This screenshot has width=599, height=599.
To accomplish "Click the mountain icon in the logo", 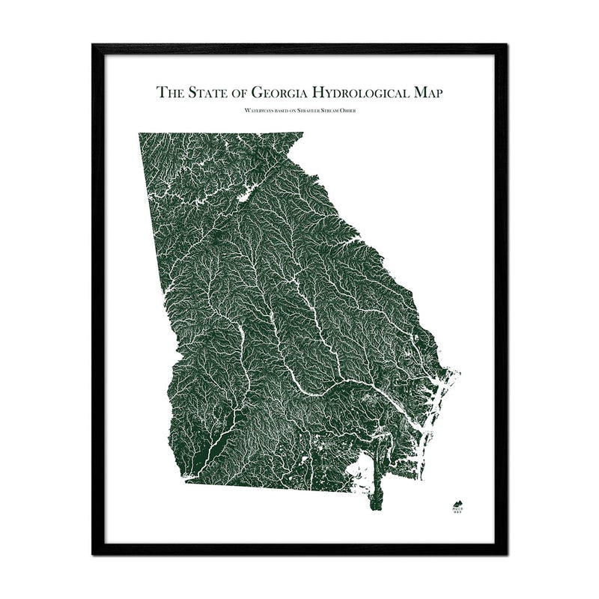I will coord(457,502).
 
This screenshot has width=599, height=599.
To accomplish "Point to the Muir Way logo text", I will coord(457,512).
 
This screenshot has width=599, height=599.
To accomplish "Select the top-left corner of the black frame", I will coord(93,45).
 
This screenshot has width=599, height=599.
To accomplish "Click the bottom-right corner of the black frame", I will coord(506,554).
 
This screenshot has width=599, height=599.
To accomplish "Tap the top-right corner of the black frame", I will coord(506,45).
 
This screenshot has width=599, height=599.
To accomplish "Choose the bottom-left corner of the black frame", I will coord(93,554).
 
